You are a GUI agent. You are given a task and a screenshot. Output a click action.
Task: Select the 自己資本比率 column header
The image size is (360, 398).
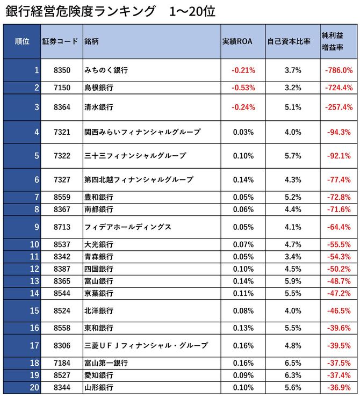293,41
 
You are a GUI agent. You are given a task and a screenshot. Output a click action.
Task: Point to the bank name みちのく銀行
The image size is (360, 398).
106,70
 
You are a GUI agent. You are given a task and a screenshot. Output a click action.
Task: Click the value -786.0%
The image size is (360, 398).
339,70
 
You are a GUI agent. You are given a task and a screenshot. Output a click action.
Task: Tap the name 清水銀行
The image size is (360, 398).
99,107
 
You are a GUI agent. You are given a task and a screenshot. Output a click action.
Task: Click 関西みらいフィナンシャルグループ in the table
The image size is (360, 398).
142,132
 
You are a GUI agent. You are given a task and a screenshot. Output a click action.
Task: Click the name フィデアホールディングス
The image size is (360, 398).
128,227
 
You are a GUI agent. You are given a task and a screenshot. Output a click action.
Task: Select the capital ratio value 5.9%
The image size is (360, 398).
293,281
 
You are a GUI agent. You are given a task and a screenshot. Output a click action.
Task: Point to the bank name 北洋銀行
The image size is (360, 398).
99,310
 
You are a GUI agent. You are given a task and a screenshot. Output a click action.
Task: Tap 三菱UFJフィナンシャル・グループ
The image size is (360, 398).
146,345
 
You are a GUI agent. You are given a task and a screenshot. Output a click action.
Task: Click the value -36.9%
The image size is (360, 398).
339,387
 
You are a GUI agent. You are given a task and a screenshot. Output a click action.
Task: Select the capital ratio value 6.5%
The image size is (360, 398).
293,363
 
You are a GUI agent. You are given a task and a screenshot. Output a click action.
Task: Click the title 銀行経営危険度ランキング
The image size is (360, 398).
80,12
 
